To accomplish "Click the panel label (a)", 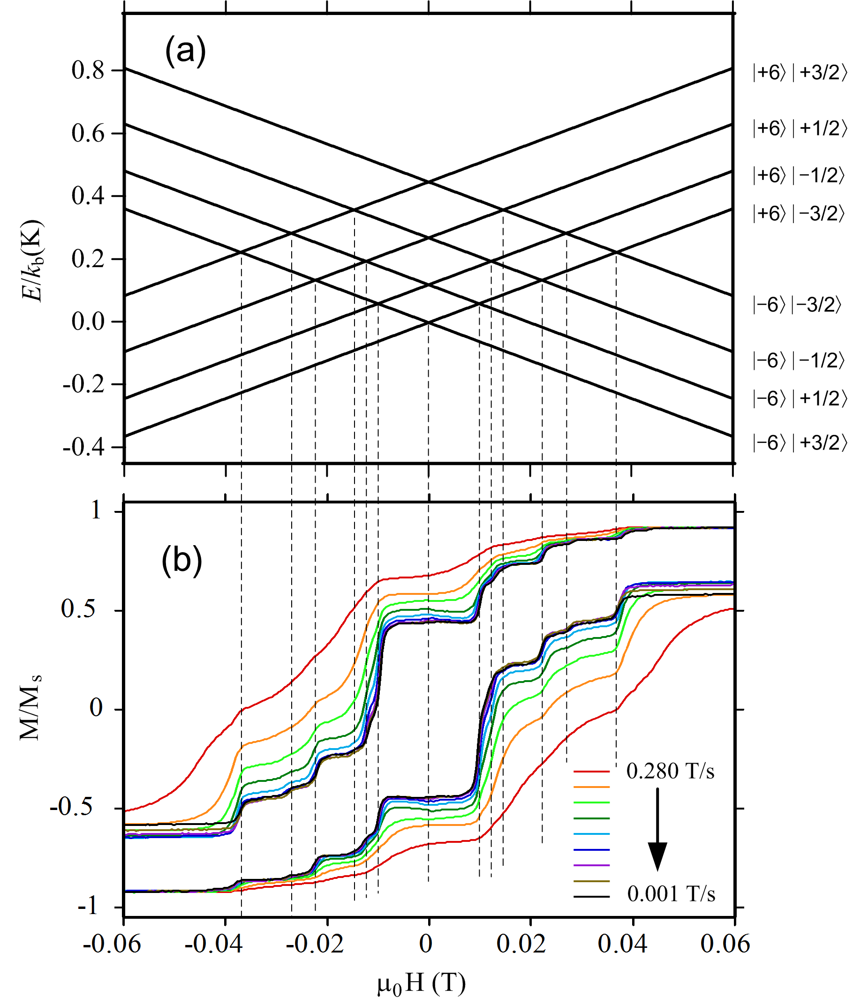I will click(185, 51).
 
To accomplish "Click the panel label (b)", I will click(181, 561).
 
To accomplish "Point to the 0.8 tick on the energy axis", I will click(88, 71).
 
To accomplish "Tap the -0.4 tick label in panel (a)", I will click(83, 447).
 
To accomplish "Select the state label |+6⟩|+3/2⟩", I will click(799, 73).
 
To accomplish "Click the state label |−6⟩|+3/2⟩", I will click(799, 443).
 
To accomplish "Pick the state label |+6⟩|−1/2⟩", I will click(798, 175).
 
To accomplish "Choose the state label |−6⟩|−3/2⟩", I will click(796, 305).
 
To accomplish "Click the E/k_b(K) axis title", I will click(33, 261).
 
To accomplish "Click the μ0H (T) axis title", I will click(421, 983).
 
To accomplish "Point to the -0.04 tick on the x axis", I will click(213, 943).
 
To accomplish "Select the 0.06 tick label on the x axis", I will click(725, 943).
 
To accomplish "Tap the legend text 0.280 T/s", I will click(670, 771).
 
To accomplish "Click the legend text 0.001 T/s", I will click(671, 894).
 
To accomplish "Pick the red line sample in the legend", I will click(591, 772).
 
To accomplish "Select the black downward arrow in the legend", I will click(657, 830).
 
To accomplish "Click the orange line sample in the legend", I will click(591, 787).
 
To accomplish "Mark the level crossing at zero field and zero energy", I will click(429, 322).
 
